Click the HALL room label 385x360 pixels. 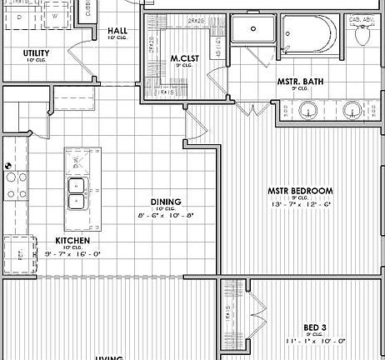[x=117, y=32]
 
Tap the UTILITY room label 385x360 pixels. [x=36, y=53]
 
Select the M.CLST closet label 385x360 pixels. [x=182, y=58]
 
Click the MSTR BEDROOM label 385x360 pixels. [x=299, y=191]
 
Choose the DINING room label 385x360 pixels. [x=166, y=202]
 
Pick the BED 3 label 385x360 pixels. [x=314, y=327]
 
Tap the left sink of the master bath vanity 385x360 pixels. [x=309, y=110]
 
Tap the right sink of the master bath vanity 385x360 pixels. [x=353, y=110]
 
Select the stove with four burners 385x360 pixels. [x=14, y=176]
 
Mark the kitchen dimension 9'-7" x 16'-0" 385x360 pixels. [x=72, y=254]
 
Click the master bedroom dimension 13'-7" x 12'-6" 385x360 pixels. [x=299, y=204]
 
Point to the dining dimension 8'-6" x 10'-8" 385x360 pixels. [x=166, y=216]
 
